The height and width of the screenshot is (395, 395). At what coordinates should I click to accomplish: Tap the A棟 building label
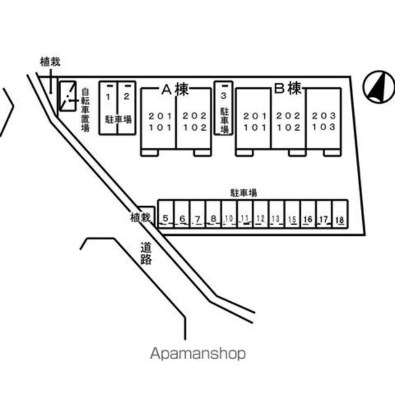coord(175,89)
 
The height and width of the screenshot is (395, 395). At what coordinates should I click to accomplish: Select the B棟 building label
coord(287,89)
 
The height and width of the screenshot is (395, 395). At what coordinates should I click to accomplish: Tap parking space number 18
coord(339,220)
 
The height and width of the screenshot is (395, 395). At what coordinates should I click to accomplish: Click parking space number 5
coord(166,218)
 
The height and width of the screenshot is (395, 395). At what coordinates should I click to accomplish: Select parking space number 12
coord(260,218)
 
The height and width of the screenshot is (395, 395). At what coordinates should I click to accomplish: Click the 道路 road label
coord(146,253)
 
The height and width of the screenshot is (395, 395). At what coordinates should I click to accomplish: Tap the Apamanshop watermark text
coord(197,354)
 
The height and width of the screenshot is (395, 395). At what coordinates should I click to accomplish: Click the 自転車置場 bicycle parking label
coord(85,110)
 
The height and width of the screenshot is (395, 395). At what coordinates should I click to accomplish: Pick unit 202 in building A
coord(193,115)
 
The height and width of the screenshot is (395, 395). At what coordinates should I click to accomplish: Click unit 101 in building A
coord(158,128)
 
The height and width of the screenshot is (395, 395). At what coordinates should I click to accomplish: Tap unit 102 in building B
coord(288,128)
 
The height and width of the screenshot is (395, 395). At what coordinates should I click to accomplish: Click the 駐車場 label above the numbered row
coord(244,193)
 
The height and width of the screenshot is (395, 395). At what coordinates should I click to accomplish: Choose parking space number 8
coord(213,218)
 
